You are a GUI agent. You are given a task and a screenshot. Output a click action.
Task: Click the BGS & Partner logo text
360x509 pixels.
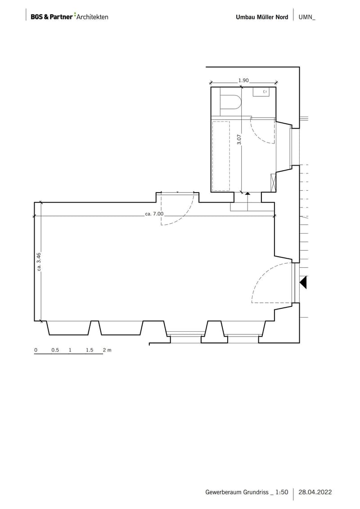pos(52,17)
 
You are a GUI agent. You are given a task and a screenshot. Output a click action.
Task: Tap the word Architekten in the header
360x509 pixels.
pos(93,17)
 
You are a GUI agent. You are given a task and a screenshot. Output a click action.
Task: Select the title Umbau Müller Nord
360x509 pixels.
pos(262,17)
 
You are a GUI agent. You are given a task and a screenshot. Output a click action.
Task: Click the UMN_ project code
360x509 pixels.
pos(307,17)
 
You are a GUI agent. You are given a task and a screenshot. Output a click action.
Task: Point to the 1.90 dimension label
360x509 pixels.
pos(243,80)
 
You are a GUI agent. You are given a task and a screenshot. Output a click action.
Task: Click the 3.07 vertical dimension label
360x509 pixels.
pos(239,139)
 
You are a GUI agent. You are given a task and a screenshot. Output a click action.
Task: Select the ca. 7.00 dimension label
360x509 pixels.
pos(154,214)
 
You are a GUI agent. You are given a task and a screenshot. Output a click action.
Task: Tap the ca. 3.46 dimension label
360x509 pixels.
pos(39,261)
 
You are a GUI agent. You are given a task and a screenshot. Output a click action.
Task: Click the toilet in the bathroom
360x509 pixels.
pos(231,101)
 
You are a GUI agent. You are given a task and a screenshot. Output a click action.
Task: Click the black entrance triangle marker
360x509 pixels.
pos(303,283)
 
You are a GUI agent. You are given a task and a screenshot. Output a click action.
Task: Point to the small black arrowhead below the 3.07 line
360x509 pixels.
pos(247,194)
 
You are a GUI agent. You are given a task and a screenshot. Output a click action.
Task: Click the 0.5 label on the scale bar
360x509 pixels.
pos(55,350)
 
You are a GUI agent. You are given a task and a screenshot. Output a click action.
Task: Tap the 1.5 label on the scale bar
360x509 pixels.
pos(90,350)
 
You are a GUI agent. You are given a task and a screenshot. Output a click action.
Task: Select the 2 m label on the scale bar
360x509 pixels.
pos(107,350)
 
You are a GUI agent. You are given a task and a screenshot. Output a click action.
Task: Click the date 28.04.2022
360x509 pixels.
pos(315,492)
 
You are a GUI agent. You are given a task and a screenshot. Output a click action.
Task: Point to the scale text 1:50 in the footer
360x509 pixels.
pos(282,492)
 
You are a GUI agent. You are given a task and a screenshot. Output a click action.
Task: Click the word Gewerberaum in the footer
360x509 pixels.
pos(221,492)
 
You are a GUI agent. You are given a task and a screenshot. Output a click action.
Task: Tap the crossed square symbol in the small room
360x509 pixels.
pos(273,183)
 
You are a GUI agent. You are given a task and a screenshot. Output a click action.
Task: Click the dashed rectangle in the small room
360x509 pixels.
pos(221,156)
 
